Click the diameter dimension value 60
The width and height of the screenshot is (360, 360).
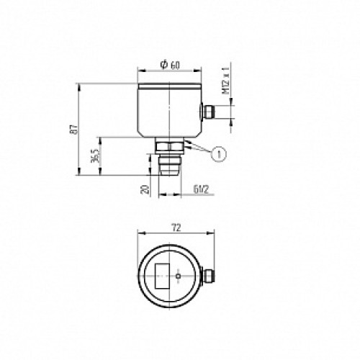coord(175,65)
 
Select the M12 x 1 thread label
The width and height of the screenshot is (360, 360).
coord(225,81)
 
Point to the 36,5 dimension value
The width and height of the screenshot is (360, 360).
coord(94,157)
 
